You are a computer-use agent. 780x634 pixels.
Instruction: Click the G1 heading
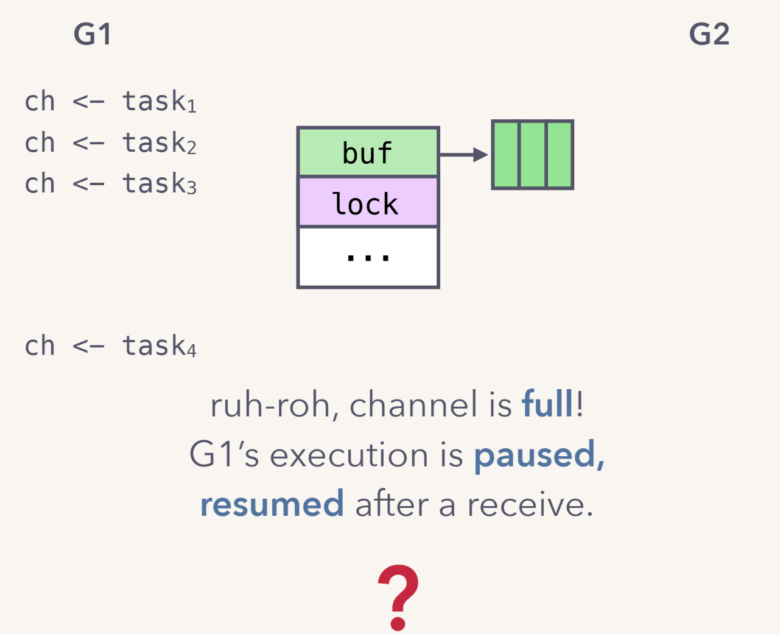93,34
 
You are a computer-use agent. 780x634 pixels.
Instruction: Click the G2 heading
709,34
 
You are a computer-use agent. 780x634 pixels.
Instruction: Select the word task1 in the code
159,102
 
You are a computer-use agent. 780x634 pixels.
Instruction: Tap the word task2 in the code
159,143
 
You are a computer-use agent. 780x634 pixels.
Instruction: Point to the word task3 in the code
159,184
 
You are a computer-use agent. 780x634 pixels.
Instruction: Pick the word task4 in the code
159,346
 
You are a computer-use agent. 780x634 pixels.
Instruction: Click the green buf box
368,152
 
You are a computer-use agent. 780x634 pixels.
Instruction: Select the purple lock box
368,202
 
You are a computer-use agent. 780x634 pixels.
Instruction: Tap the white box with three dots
368,257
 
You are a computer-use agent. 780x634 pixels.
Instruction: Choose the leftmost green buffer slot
506,155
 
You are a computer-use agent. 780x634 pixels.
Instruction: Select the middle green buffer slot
533,155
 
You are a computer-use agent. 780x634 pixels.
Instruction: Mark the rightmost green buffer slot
560,155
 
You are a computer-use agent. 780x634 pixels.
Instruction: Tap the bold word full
547,404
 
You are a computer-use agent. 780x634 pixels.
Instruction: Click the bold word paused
539,455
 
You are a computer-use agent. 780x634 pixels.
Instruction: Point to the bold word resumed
272,505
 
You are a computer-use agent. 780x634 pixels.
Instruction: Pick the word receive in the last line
530,505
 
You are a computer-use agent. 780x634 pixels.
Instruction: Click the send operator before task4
88,347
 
